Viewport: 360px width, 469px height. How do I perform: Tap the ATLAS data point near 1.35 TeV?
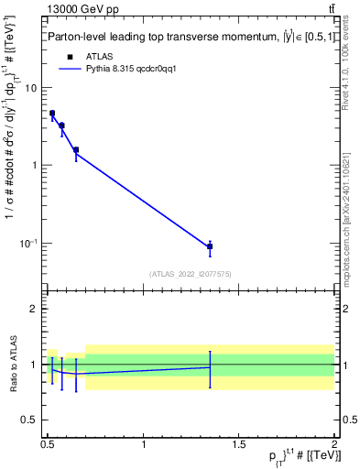(210, 246)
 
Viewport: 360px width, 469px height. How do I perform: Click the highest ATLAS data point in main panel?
(52, 114)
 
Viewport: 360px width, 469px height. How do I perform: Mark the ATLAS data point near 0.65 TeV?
(76, 149)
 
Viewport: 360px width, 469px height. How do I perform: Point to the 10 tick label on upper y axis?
(30, 88)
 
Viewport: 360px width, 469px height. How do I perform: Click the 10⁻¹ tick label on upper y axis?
(28, 243)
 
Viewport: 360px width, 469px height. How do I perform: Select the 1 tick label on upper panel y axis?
(34, 166)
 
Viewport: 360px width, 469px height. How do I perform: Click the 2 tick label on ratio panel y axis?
(34, 309)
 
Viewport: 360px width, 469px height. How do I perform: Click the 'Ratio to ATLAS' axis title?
(12, 365)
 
